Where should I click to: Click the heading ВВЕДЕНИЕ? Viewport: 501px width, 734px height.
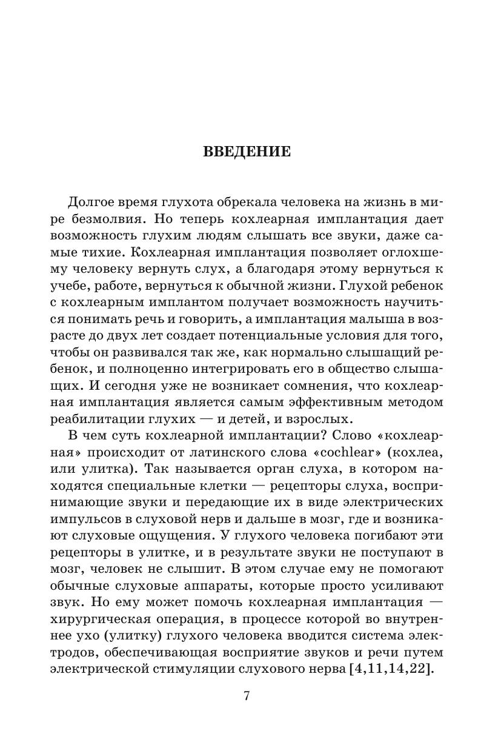pos(247,152)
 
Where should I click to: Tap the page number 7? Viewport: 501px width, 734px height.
pos(247,696)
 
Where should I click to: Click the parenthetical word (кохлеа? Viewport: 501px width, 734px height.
pos(422,469)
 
